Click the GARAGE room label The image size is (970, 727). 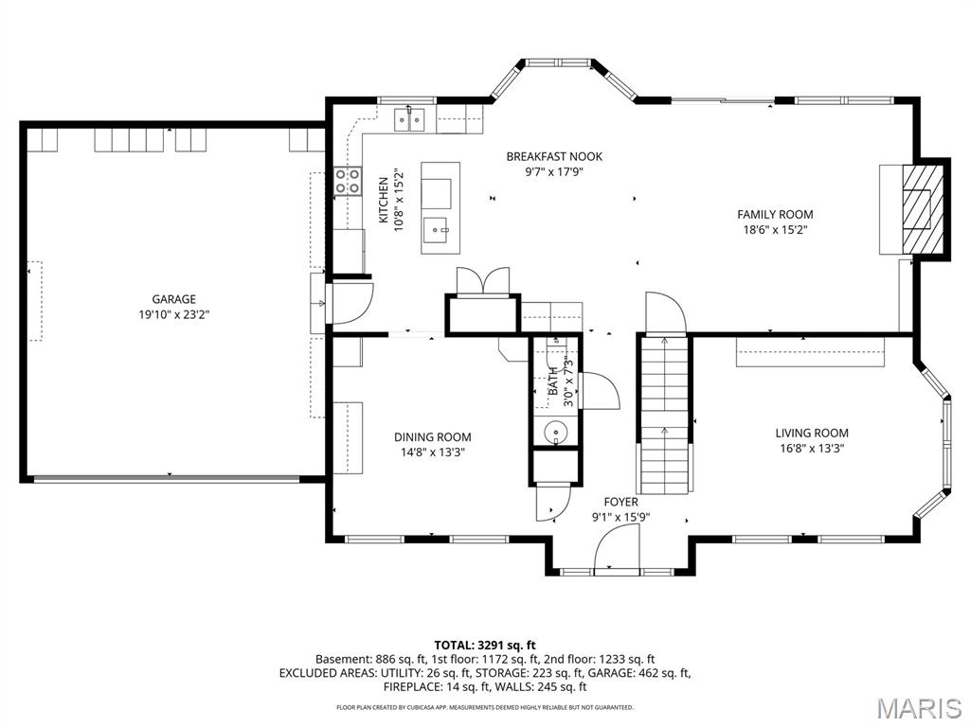click(174, 299)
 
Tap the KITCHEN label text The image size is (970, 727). click(384, 201)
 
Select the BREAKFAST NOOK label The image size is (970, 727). click(554, 157)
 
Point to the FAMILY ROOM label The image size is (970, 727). click(775, 215)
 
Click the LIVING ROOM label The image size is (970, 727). click(812, 434)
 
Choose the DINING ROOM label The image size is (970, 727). click(432, 437)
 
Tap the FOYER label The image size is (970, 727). click(620, 503)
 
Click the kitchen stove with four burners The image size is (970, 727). click(348, 181)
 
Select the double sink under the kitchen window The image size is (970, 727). click(409, 120)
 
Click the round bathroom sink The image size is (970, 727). click(556, 432)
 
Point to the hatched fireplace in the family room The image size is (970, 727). click(921, 208)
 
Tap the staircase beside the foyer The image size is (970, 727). click(664, 414)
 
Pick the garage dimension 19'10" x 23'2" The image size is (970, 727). click(174, 314)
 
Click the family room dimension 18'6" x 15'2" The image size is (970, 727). click(775, 230)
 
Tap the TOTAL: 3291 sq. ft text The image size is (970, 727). click(485, 646)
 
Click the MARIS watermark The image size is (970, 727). click(920, 708)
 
